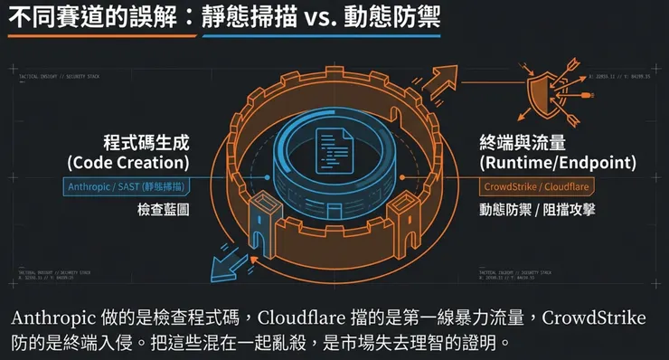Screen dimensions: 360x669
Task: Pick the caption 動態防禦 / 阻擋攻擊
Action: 540,210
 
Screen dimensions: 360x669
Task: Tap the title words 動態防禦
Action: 393,18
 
